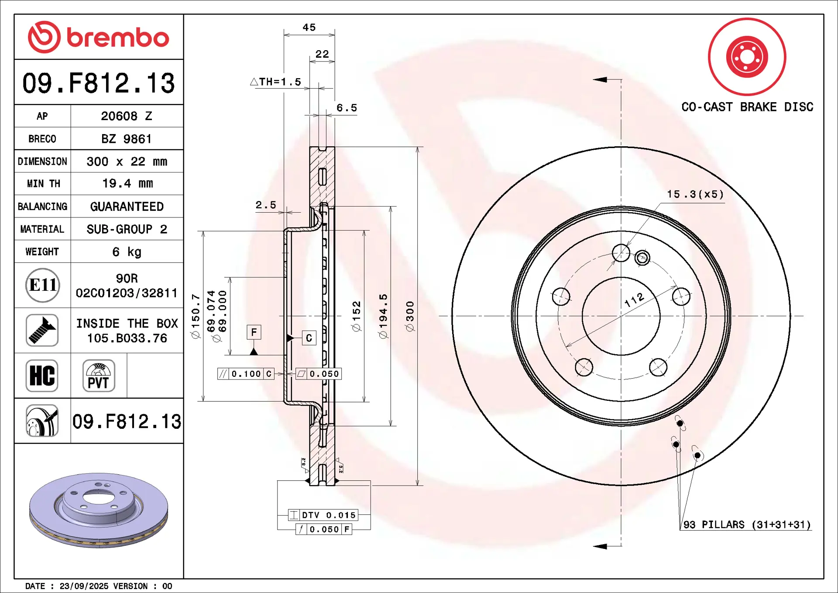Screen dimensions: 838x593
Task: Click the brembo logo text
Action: pos(118,38)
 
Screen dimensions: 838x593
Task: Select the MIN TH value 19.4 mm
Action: pos(127,183)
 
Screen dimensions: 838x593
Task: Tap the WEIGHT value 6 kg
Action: pos(127,252)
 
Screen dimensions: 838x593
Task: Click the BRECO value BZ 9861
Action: pos(127,139)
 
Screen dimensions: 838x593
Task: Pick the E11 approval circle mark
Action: pos(42,285)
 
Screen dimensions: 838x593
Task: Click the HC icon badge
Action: pos(42,376)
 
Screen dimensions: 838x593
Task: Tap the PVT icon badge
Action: pos(99,376)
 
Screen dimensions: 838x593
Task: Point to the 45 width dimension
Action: pos(309,28)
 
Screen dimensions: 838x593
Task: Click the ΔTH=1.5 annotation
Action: pos(276,82)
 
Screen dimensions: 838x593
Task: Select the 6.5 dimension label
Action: pos(347,107)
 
